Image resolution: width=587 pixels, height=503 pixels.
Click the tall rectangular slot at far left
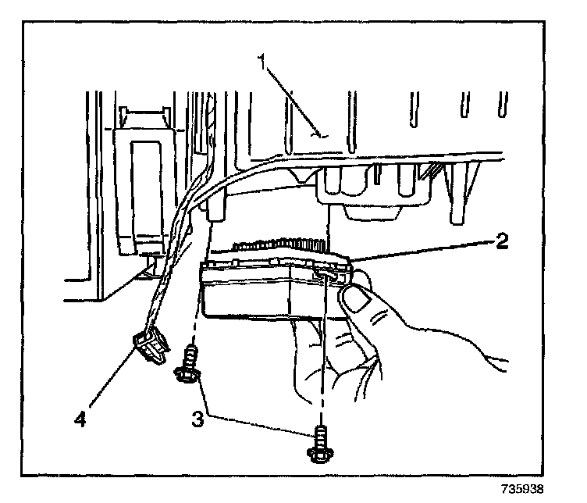pyautogui.click(x=144, y=187)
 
